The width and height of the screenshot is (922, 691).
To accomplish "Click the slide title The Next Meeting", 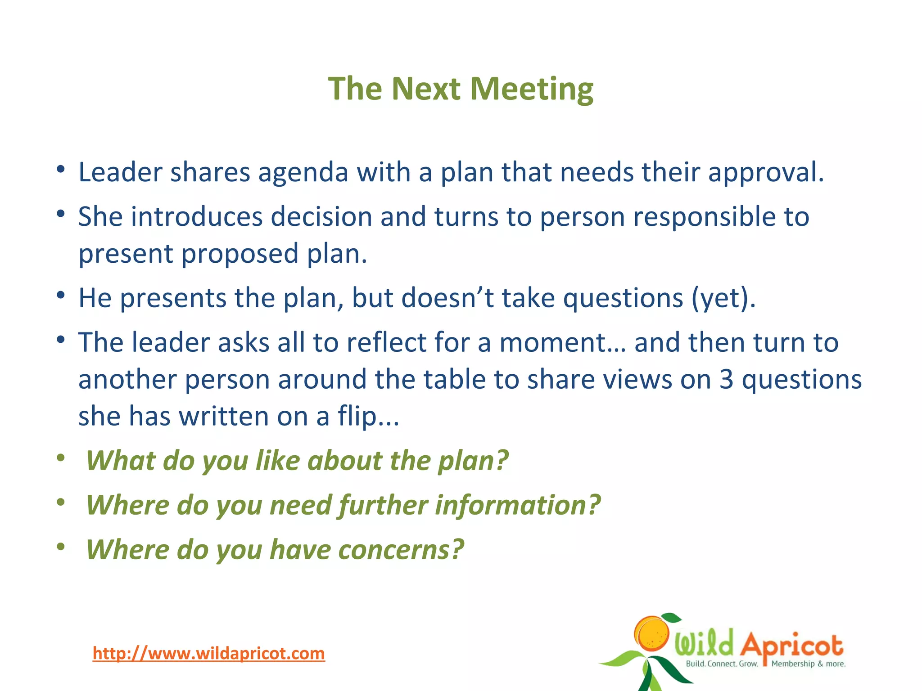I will click(461, 89).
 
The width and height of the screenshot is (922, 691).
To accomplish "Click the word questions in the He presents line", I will click(623, 299).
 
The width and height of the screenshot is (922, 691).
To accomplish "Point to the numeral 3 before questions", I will click(726, 379).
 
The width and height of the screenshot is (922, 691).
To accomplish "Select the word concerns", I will click(400, 550).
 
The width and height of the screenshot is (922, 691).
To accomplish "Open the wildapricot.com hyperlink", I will click(208, 653).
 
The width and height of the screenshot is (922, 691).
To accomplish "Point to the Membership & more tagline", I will click(808, 664).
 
